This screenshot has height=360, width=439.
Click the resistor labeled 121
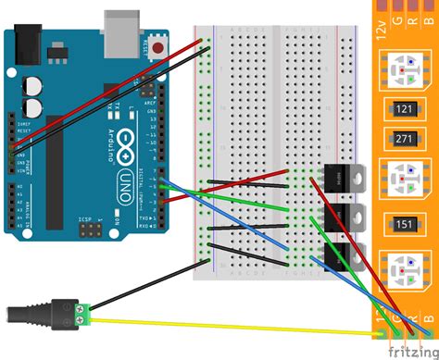[x=404, y=108]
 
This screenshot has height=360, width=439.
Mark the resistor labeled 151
[x=404, y=223]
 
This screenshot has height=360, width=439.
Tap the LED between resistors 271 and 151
[x=405, y=180]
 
